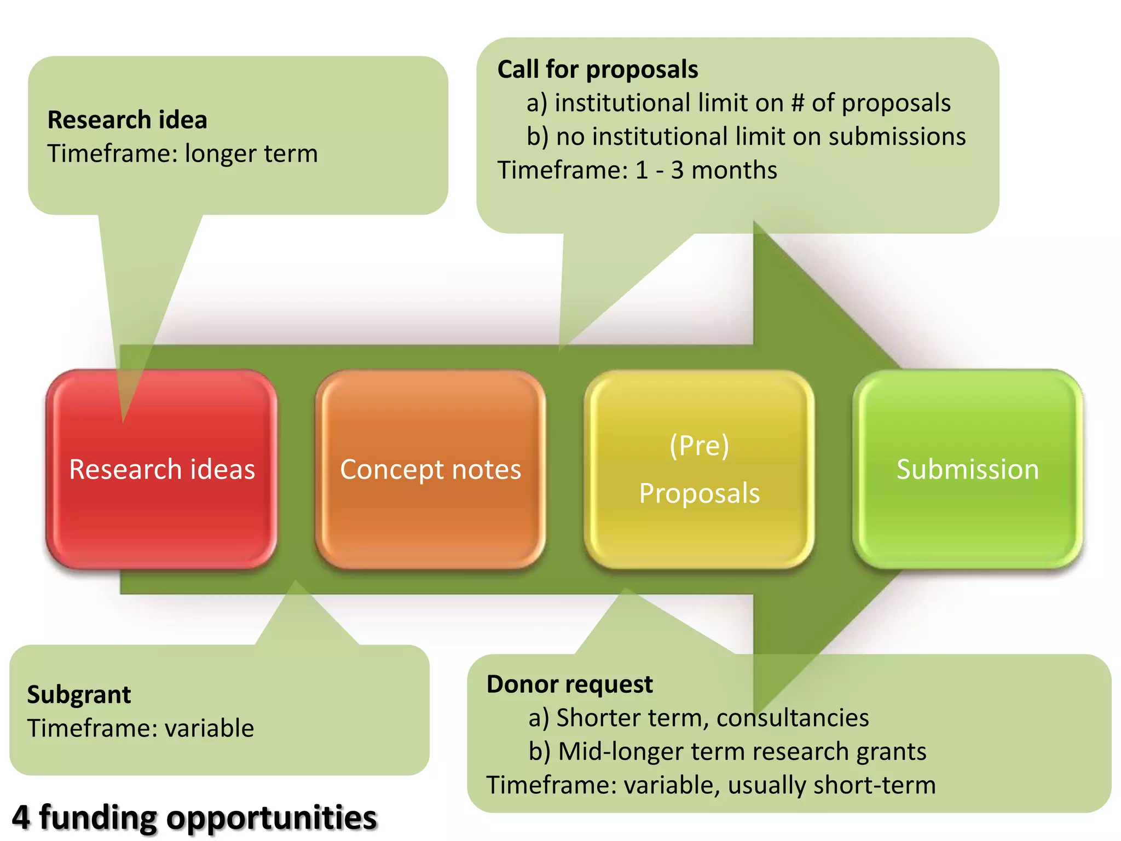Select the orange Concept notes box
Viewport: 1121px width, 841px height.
[430, 470]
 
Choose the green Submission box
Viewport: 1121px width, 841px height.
[967, 470]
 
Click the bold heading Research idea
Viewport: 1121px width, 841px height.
[127, 120]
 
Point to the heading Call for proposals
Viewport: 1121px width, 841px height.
[597, 70]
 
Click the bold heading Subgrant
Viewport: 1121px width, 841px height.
[79, 695]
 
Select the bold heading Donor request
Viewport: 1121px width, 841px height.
[569, 684]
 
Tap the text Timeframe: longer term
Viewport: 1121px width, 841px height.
[182, 154]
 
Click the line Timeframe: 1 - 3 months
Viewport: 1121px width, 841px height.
[637, 170]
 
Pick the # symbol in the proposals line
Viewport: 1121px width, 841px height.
[798, 103]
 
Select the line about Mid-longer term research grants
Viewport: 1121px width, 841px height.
[727, 751]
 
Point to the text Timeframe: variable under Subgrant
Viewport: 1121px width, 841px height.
[141, 729]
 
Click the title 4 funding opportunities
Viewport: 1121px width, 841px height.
[194, 817]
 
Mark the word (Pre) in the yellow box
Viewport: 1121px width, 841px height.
[699, 446]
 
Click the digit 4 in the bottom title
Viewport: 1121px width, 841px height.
[20, 817]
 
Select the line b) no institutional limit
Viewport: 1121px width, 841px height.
[746, 137]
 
